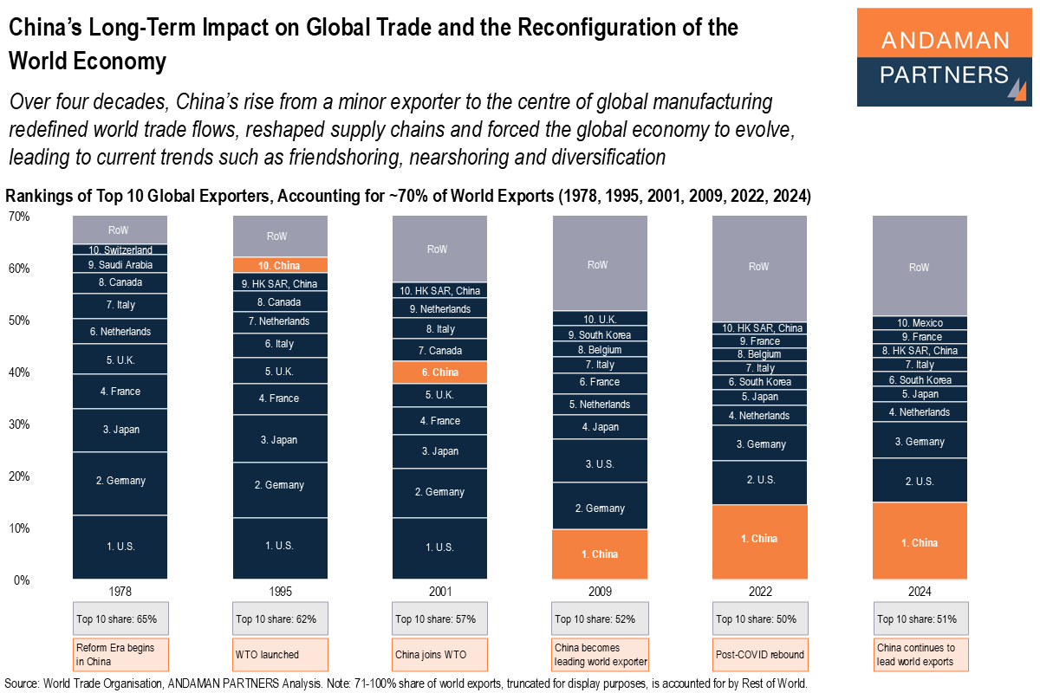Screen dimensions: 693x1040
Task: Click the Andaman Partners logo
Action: tap(944, 57)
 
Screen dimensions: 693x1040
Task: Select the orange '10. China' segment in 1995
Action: tap(280, 265)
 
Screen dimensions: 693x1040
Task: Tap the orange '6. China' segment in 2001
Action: tap(439, 372)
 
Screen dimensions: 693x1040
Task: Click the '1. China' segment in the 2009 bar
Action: tap(599, 554)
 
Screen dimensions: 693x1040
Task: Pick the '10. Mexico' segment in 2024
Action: tap(920, 323)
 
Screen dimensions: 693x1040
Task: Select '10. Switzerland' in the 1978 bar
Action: tap(120, 250)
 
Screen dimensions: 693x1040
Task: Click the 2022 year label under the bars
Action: tap(759, 593)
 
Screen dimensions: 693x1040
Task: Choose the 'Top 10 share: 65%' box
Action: tap(120, 619)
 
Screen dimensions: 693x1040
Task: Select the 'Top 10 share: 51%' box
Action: tap(920, 619)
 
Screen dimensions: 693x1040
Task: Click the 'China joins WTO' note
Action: tap(439, 654)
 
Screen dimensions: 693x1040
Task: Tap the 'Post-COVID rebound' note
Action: tap(759, 654)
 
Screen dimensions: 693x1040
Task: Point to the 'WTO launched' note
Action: tap(280, 654)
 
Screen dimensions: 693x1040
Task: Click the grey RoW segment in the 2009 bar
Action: tap(599, 263)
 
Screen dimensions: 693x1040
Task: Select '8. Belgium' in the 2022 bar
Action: tap(759, 354)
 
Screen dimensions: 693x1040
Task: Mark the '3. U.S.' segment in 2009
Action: tap(599, 464)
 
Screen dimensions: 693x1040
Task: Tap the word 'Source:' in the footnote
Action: tap(22, 683)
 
